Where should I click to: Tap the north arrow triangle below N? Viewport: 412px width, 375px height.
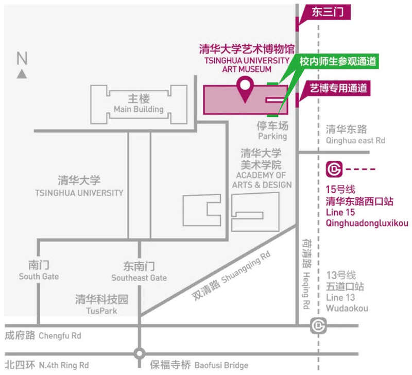(22, 74)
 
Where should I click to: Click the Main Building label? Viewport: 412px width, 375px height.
(139, 104)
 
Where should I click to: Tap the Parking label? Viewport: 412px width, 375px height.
(272, 131)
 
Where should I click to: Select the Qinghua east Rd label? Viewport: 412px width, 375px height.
(355, 135)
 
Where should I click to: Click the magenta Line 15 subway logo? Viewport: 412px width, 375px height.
(334, 168)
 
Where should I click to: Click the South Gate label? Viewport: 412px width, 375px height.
(39, 271)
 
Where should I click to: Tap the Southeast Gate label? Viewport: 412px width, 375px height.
(139, 272)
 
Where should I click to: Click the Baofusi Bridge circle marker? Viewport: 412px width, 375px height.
(139, 354)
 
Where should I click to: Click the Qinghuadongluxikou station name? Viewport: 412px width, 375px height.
(367, 223)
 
